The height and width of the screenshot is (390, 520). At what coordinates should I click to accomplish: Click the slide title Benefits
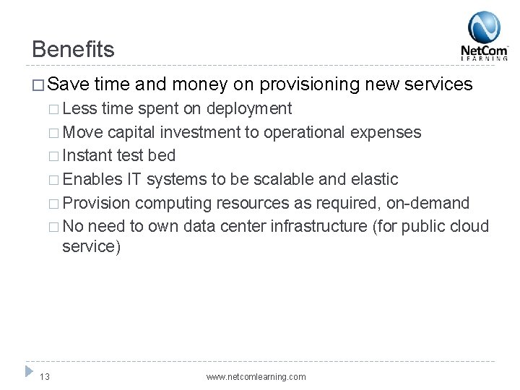pyautogui.click(x=73, y=49)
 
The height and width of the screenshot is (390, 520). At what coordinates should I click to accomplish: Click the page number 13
pyautogui.click(x=45, y=376)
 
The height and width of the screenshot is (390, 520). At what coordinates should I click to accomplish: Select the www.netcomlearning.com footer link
pyautogui.click(x=256, y=376)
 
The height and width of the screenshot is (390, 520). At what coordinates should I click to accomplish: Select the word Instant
pyautogui.click(x=86, y=155)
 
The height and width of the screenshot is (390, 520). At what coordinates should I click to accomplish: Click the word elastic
pyautogui.click(x=373, y=178)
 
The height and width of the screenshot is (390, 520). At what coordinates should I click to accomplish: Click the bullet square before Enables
pyautogui.click(x=54, y=179)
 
